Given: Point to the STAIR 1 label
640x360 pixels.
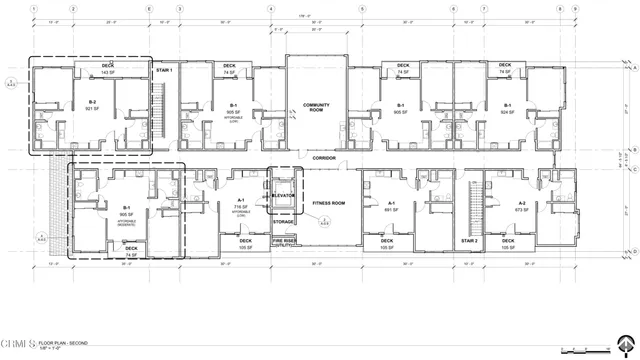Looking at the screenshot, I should click(165, 70).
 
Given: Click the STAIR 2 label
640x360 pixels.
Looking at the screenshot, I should click(470, 241).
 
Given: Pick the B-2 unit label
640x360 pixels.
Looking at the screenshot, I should click(92, 102).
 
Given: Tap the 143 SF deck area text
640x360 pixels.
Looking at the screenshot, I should click(107, 74).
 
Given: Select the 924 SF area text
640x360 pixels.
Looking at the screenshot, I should click(507, 112).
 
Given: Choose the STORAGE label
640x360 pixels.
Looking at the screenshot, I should click(283, 250).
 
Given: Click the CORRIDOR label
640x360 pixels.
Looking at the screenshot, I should click(322, 158).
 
